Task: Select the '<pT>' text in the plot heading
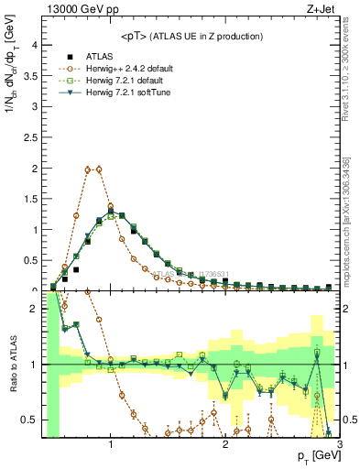click(136, 36)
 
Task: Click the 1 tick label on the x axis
click(111, 444)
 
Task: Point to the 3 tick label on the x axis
click(339, 444)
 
